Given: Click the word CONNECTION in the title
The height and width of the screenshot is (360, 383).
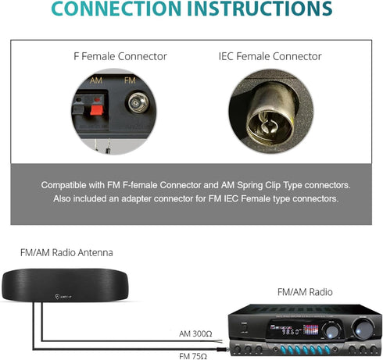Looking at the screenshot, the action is [116, 9].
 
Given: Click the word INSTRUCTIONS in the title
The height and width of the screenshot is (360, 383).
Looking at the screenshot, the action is [260, 9].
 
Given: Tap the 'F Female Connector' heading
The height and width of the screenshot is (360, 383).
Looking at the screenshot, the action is [120, 56].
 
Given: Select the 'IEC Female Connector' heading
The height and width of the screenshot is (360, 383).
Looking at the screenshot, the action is [270, 56].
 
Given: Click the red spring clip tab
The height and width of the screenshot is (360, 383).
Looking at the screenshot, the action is [97, 110].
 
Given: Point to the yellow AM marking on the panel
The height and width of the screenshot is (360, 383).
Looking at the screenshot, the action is [96, 80].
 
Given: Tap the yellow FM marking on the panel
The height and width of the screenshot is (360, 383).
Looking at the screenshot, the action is [130, 80].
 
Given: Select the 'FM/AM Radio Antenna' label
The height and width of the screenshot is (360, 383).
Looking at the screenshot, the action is [66, 252].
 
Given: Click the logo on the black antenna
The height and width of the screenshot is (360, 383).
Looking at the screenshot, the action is [63, 297].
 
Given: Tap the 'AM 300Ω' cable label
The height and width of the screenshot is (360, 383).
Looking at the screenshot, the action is [195, 333].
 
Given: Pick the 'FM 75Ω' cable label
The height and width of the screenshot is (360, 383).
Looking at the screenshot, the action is [193, 356].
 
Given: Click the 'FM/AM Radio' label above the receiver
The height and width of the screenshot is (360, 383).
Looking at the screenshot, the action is [305, 292].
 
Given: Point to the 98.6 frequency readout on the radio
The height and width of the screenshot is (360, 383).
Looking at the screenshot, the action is [291, 331].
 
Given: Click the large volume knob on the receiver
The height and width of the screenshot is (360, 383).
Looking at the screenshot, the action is [363, 328].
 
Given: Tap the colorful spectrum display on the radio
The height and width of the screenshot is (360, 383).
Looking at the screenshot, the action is [310, 330].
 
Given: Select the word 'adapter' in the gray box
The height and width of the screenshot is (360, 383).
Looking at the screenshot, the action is [137, 199].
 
